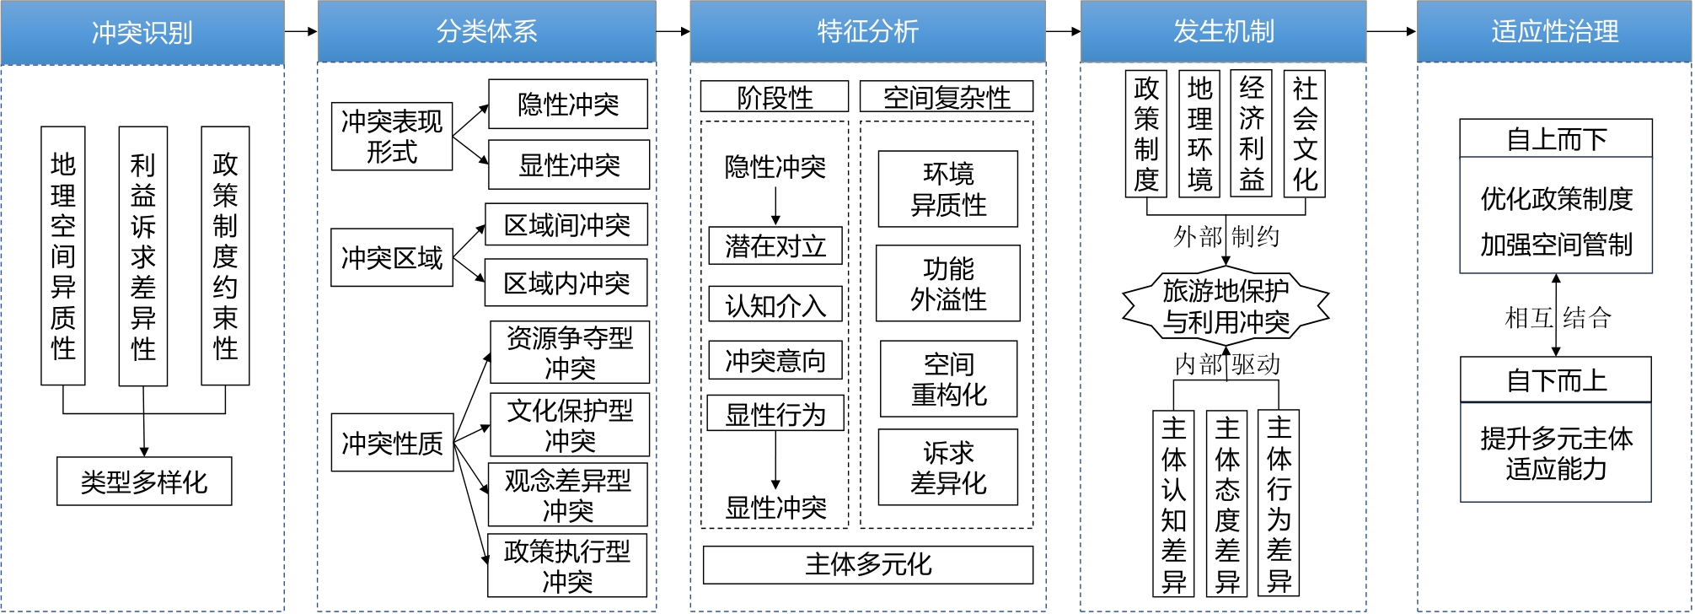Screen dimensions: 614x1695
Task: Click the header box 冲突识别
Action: tap(142, 32)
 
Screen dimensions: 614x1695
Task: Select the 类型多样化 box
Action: tap(144, 482)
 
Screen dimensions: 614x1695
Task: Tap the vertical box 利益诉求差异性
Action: tap(143, 256)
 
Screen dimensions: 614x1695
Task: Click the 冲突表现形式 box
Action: tap(392, 137)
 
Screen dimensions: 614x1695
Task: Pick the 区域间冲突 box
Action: tap(566, 225)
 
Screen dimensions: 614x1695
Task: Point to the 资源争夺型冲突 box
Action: tap(570, 353)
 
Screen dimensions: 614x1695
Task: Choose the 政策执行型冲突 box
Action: tap(567, 565)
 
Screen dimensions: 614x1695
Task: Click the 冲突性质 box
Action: tap(392, 442)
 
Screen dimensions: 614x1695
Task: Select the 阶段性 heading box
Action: tap(775, 97)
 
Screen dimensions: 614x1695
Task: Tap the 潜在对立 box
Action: tap(775, 245)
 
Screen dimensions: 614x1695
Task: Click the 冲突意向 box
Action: tap(775, 360)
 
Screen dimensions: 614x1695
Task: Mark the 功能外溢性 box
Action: tap(948, 283)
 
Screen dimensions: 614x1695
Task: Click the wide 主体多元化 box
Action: tap(868, 564)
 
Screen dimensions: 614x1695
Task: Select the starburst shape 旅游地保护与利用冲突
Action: tap(1226, 306)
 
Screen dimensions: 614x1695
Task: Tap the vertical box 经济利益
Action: tap(1252, 134)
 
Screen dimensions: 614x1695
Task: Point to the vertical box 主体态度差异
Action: tap(1227, 504)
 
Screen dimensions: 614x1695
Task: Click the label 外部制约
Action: tap(1226, 236)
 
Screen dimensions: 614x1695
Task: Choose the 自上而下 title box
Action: tap(1556, 138)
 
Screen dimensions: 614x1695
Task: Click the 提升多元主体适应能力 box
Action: tap(1556, 453)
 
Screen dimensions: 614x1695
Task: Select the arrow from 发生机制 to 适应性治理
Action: tap(1391, 32)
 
